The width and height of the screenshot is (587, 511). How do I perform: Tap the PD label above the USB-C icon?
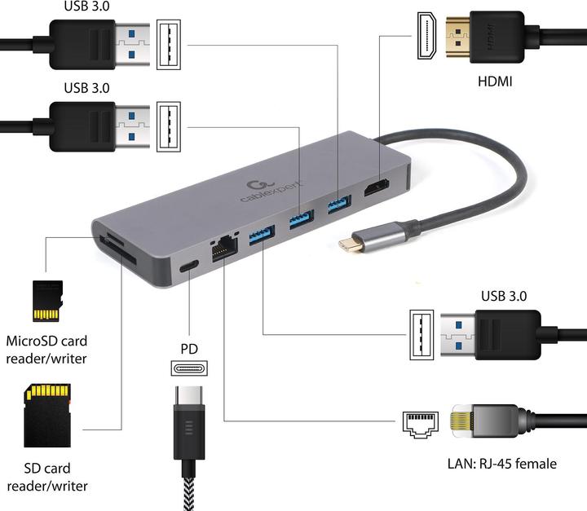[x=188, y=349]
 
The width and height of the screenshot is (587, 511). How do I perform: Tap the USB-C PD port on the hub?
[x=189, y=267]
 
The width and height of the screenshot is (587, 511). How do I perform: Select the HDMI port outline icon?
[x=426, y=37]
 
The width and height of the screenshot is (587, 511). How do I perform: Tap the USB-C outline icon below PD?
[x=188, y=368]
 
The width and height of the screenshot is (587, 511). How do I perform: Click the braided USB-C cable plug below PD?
[x=189, y=424]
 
